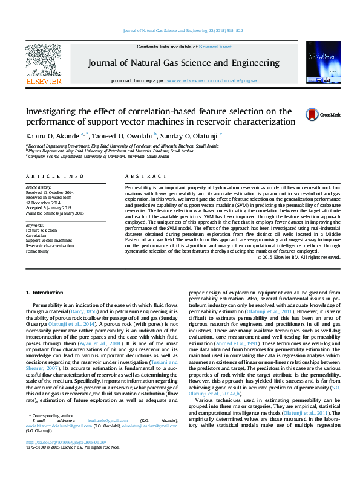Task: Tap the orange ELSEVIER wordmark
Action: (x=43, y=81)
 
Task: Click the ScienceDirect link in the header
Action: (x=216, y=47)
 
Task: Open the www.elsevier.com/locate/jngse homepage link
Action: (x=212, y=80)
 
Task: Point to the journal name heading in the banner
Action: (x=180, y=63)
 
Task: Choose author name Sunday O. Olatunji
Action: (x=189, y=135)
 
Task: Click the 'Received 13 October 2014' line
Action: (x=48, y=192)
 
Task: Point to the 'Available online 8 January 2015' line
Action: (x=54, y=213)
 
